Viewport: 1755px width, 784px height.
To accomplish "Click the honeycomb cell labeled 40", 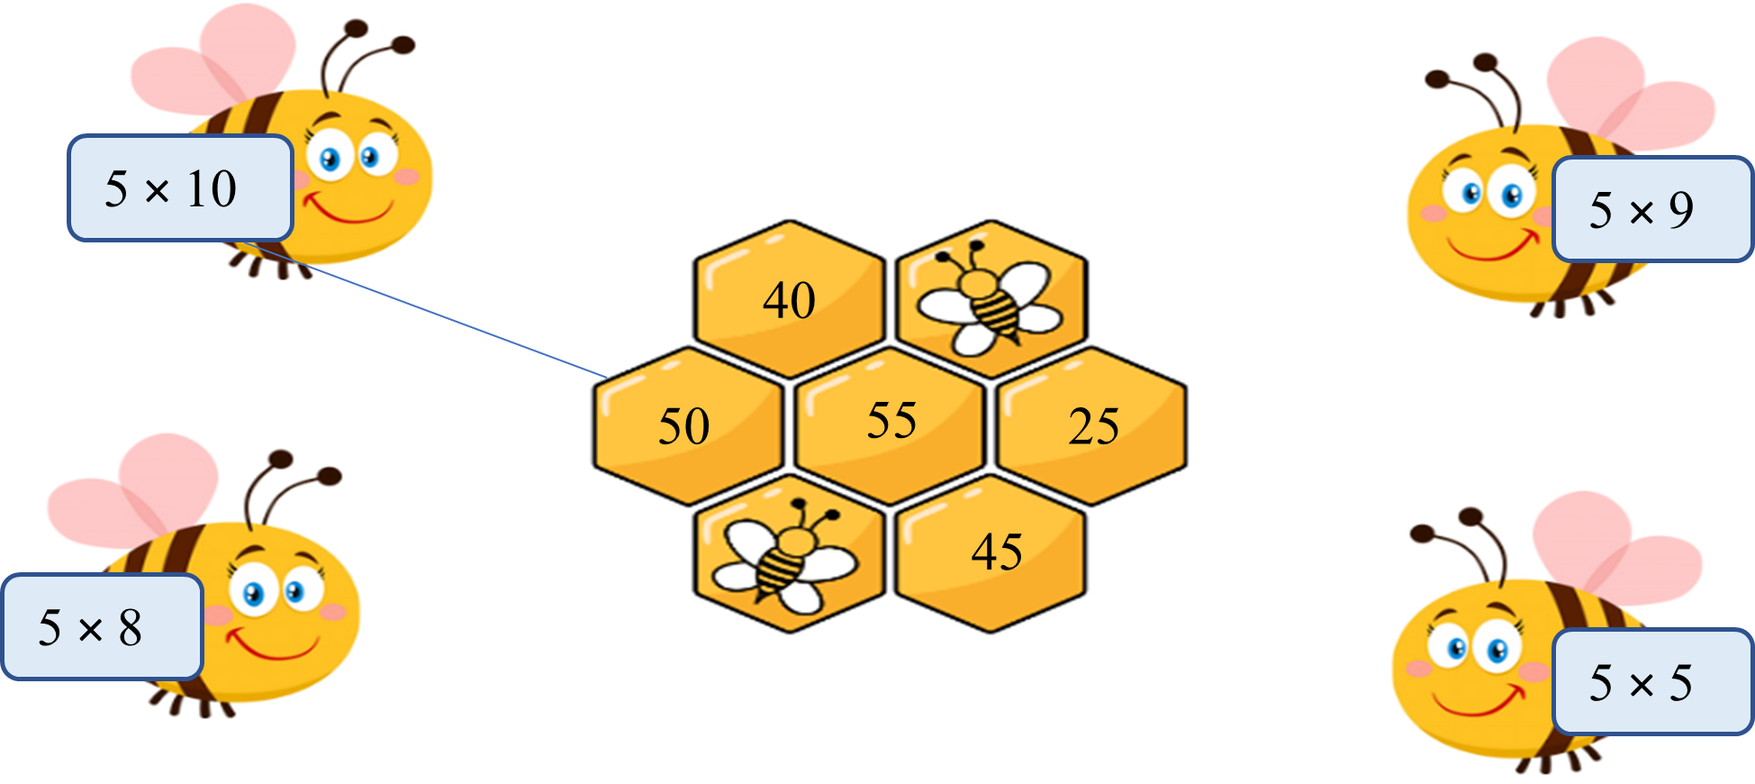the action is pos(790,298).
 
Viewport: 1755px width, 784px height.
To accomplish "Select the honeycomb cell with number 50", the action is pos(688,425).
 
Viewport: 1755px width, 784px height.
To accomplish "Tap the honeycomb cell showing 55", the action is pos(891,425).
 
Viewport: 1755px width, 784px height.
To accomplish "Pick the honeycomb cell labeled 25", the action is pos(1092,425).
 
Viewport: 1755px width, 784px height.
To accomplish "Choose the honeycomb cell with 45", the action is pos(991,552).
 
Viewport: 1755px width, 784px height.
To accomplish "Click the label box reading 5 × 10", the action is pos(181,188).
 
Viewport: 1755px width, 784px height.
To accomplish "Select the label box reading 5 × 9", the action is pos(1653,209).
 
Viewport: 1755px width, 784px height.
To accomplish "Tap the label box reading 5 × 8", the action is pos(102,626).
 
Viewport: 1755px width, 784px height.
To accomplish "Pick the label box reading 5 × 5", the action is pos(1653,681).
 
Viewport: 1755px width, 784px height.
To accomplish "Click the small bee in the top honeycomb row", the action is pos(991,297).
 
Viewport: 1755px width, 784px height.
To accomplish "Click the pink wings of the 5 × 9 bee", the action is pos(1630,99).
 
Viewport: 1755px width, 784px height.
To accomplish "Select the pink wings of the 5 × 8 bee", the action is pos(135,491).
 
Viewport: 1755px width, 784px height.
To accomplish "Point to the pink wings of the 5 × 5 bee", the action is pos(1616,550).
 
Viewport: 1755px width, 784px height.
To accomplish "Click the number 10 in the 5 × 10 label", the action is pos(212,188).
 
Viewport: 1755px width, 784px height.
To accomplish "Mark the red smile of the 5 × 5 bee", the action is pos(1477,699).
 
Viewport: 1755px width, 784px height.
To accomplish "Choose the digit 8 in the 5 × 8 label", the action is pos(131,627).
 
